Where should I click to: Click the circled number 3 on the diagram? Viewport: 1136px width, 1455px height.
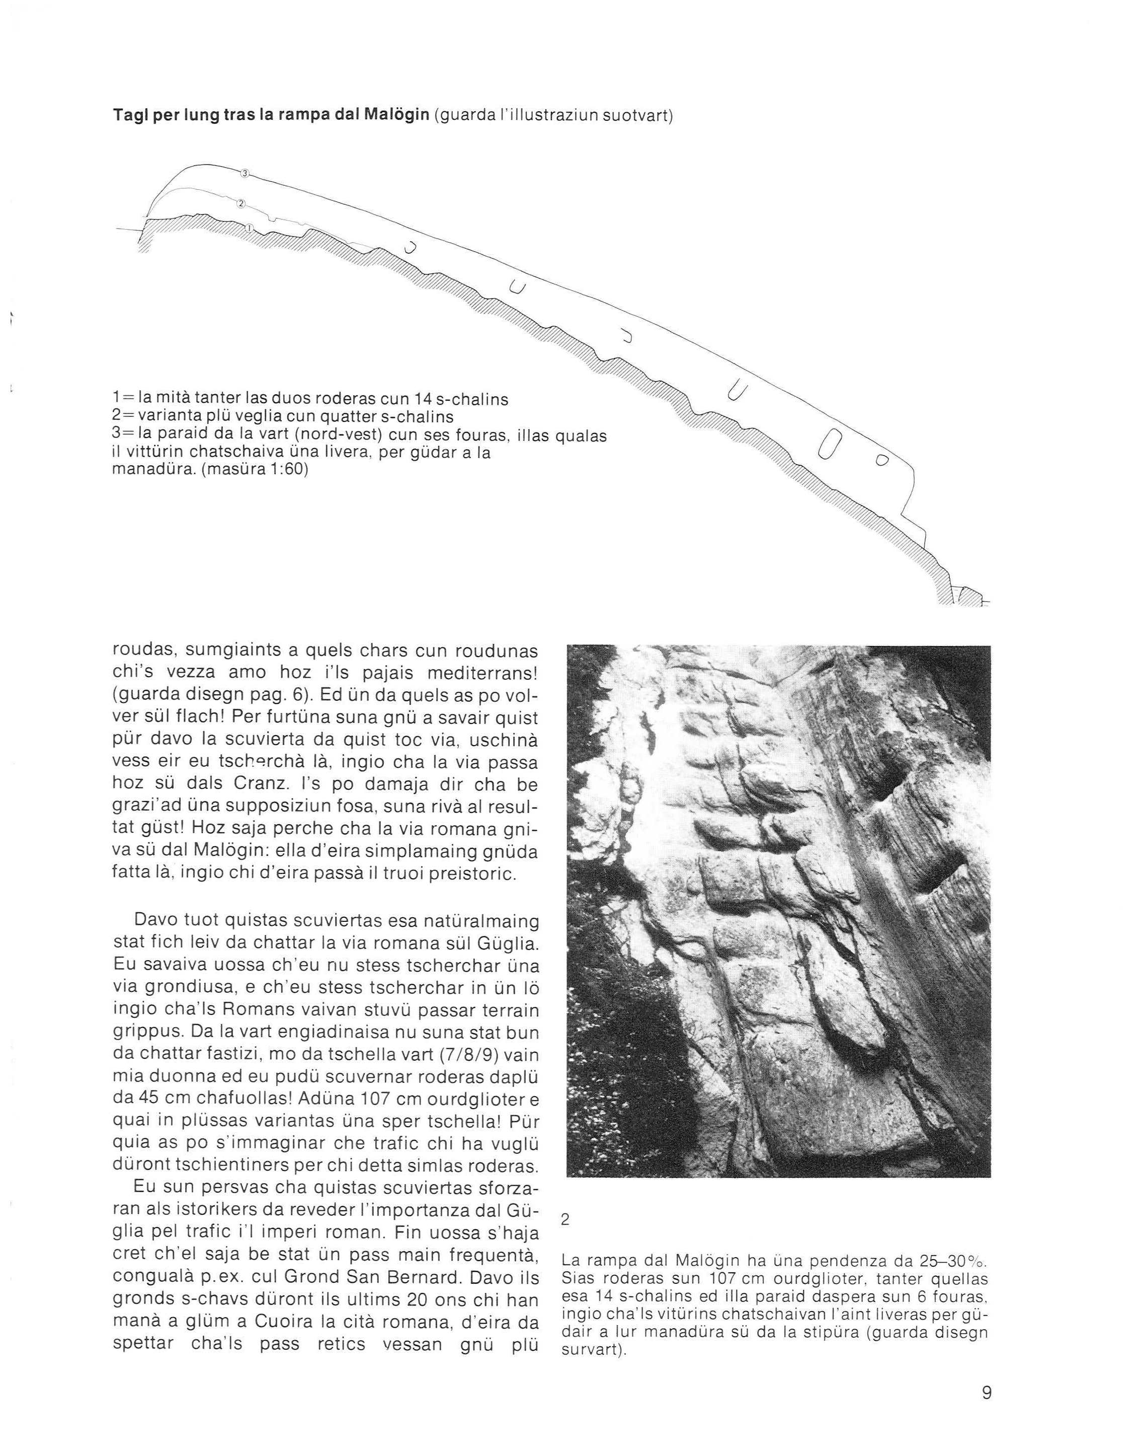pyautogui.click(x=245, y=173)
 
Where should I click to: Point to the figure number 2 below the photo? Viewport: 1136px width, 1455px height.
pyautogui.click(x=565, y=1220)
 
